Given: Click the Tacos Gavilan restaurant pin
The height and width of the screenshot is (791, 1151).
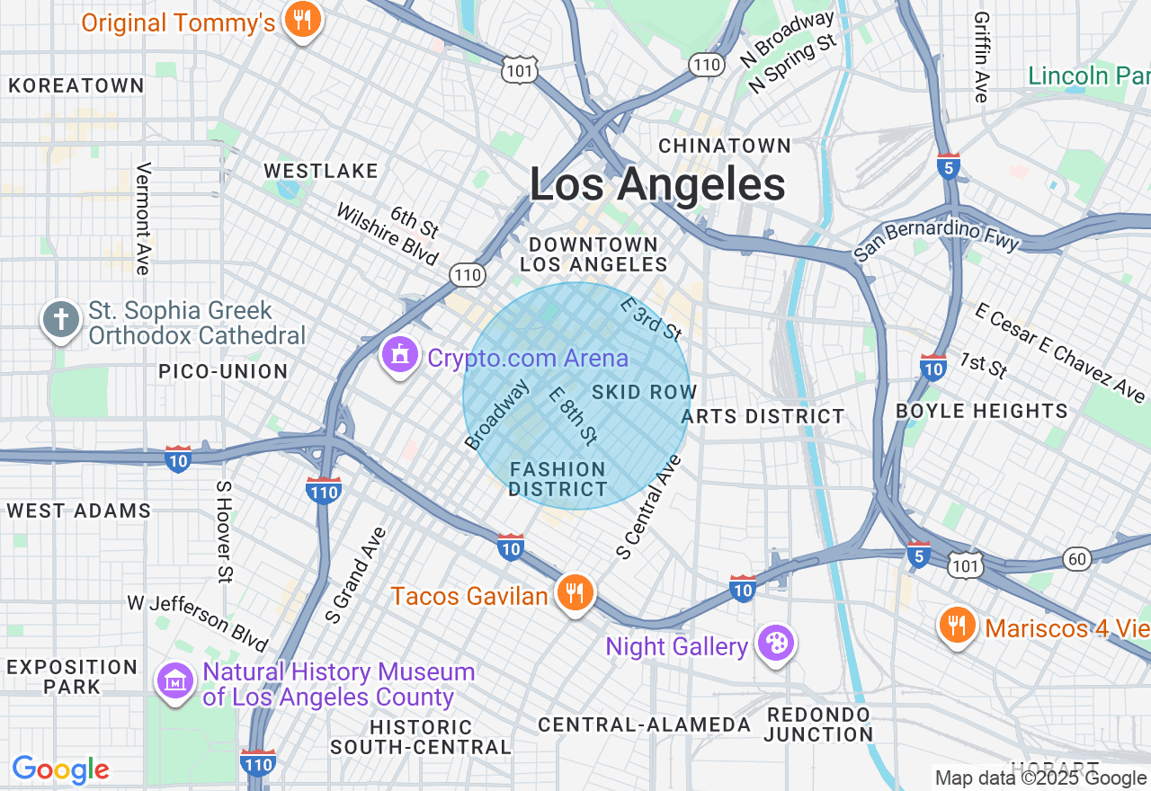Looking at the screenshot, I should (x=575, y=593).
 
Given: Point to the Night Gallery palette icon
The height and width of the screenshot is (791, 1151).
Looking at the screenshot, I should (x=774, y=644).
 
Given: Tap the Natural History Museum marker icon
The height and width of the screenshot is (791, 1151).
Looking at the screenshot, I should (x=175, y=681).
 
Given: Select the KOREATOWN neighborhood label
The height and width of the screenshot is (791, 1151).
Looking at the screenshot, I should (x=76, y=85).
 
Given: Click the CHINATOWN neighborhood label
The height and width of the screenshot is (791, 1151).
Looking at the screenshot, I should (x=725, y=146).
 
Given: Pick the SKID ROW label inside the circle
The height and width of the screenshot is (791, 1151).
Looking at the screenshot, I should (x=644, y=392).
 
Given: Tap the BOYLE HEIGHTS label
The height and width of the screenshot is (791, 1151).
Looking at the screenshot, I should (x=982, y=412).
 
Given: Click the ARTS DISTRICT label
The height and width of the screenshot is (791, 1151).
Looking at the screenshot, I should (x=763, y=416).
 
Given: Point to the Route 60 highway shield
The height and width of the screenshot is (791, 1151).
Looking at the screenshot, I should (x=1077, y=559).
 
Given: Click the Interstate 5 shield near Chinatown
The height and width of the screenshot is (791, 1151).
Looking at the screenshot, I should (x=948, y=166).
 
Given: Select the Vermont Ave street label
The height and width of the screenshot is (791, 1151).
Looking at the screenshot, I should (x=142, y=218).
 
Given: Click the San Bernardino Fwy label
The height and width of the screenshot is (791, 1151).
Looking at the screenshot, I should (x=937, y=230).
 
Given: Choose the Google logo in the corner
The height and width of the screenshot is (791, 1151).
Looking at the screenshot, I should (x=60, y=770).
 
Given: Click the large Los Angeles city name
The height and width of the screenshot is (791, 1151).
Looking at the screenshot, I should (x=657, y=185).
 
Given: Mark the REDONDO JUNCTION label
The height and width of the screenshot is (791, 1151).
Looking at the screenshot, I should (x=818, y=724).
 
